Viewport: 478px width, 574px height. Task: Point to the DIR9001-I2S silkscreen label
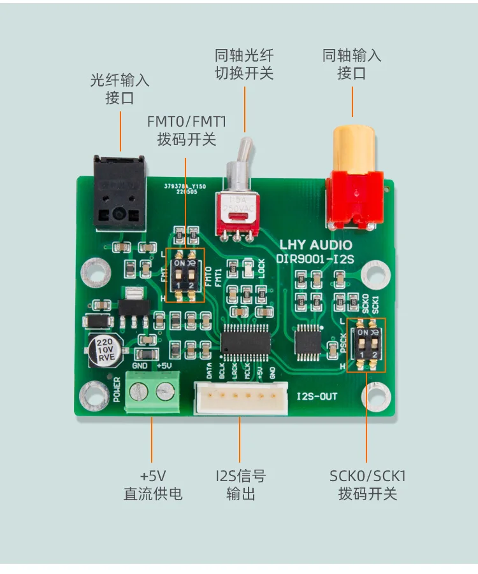click(316, 258)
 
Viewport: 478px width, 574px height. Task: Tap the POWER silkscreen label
click(117, 389)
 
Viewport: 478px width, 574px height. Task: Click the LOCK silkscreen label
click(261, 269)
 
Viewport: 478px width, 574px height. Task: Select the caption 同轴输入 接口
click(352, 64)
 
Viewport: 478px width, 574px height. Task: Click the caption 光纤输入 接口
click(120, 89)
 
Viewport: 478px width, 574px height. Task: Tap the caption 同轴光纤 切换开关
click(244, 64)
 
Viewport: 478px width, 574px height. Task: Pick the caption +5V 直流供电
click(152, 484)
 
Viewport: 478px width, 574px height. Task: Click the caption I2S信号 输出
click(240, 484)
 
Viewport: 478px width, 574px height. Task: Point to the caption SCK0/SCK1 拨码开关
click(368, 484)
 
